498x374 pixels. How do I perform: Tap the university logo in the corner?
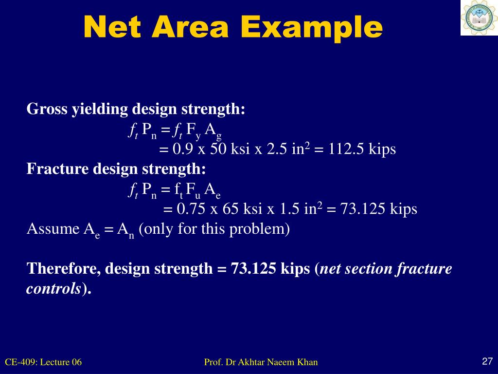[479, 18]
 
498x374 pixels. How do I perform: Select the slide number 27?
[487, 361]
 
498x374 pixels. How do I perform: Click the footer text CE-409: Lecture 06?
[43, 362]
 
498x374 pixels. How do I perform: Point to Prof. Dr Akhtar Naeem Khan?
[261, 362]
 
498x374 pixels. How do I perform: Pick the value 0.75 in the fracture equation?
[192, 209]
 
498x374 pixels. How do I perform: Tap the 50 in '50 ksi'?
[218, 149]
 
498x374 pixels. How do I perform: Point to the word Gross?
[47, 109]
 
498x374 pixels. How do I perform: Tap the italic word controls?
[53, 288]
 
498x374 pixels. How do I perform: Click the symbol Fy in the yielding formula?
[193, 130]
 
